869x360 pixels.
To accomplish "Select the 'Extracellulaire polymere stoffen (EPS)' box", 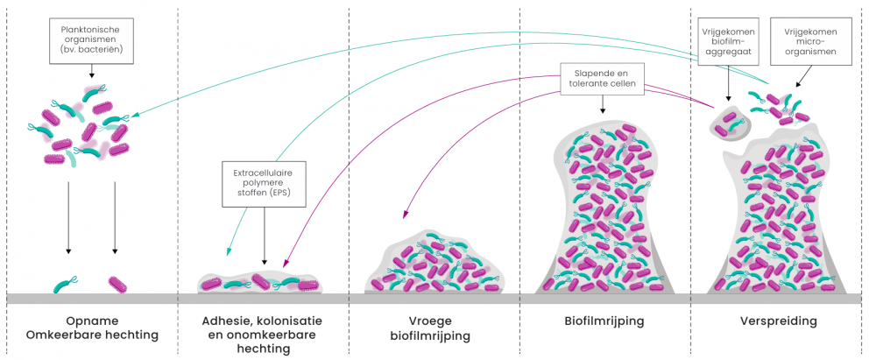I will pos(264,181).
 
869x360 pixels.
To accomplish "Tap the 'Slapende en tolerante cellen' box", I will pos(603,78).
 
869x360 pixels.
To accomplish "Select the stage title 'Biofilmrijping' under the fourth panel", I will pos(604,321).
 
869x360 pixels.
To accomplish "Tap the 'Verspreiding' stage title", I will pos(778,321).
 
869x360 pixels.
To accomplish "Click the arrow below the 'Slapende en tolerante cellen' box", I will pos(603,105).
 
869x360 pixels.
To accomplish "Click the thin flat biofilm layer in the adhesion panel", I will pos(260,283).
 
